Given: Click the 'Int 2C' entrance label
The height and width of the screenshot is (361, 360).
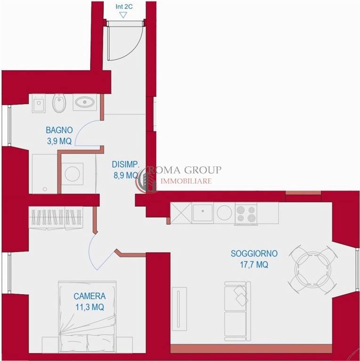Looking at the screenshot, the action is (124, 7).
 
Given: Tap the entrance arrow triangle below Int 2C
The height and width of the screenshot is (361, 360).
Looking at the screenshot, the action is (123, 15).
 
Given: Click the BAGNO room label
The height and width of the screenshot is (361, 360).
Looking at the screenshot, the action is (59, 130).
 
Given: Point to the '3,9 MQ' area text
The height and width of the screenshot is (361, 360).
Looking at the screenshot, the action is (59, 141).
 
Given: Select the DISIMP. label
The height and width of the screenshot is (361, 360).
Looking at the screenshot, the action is (126, 165).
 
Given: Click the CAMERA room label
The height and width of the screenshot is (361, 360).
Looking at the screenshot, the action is (90, 296).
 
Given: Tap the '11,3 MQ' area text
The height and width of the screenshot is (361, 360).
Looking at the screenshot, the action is (90, 307).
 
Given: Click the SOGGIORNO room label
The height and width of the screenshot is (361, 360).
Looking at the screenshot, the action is (254, 253).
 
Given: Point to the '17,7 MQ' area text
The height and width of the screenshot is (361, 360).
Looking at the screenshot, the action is (254, 265).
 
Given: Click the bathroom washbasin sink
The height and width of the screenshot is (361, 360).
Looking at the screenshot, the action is (85, 102).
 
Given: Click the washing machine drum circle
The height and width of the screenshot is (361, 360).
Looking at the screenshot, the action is (72, 173).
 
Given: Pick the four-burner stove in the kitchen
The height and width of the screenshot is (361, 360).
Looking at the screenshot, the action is (246, 214).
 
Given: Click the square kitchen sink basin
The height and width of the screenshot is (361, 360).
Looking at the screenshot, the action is (202, 212).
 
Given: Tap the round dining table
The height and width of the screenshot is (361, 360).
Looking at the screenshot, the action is (313, 269).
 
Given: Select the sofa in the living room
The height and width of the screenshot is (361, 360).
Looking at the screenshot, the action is (237, 311).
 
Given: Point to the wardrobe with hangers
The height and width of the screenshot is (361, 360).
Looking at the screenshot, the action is (56, 218).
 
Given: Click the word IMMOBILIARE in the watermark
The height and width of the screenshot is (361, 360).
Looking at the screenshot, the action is (186, 181).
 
